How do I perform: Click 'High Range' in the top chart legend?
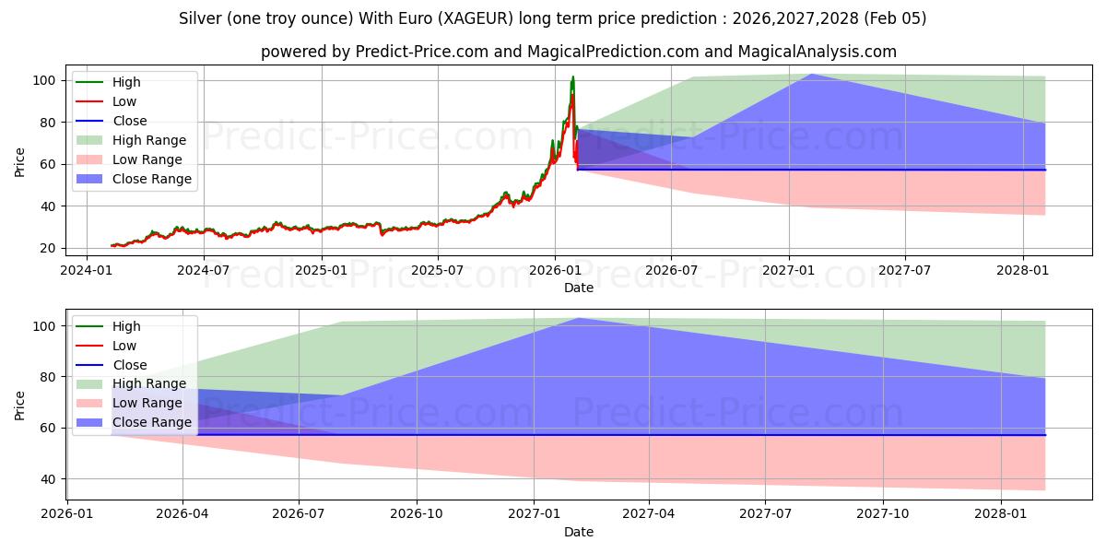[x=149, y=140]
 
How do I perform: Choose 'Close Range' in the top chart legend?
[x=152, y=179]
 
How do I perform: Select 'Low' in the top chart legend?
[x=124, y=101]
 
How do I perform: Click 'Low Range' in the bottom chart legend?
[x=147, y=403]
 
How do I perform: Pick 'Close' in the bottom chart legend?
[x=130, y=365]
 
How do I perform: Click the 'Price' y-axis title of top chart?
[x=20, y=161]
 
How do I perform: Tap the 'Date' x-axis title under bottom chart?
[x=579, y=532]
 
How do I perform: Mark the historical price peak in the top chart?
[x=572, y=76]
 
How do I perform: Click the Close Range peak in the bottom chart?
[x=578, y=318]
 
